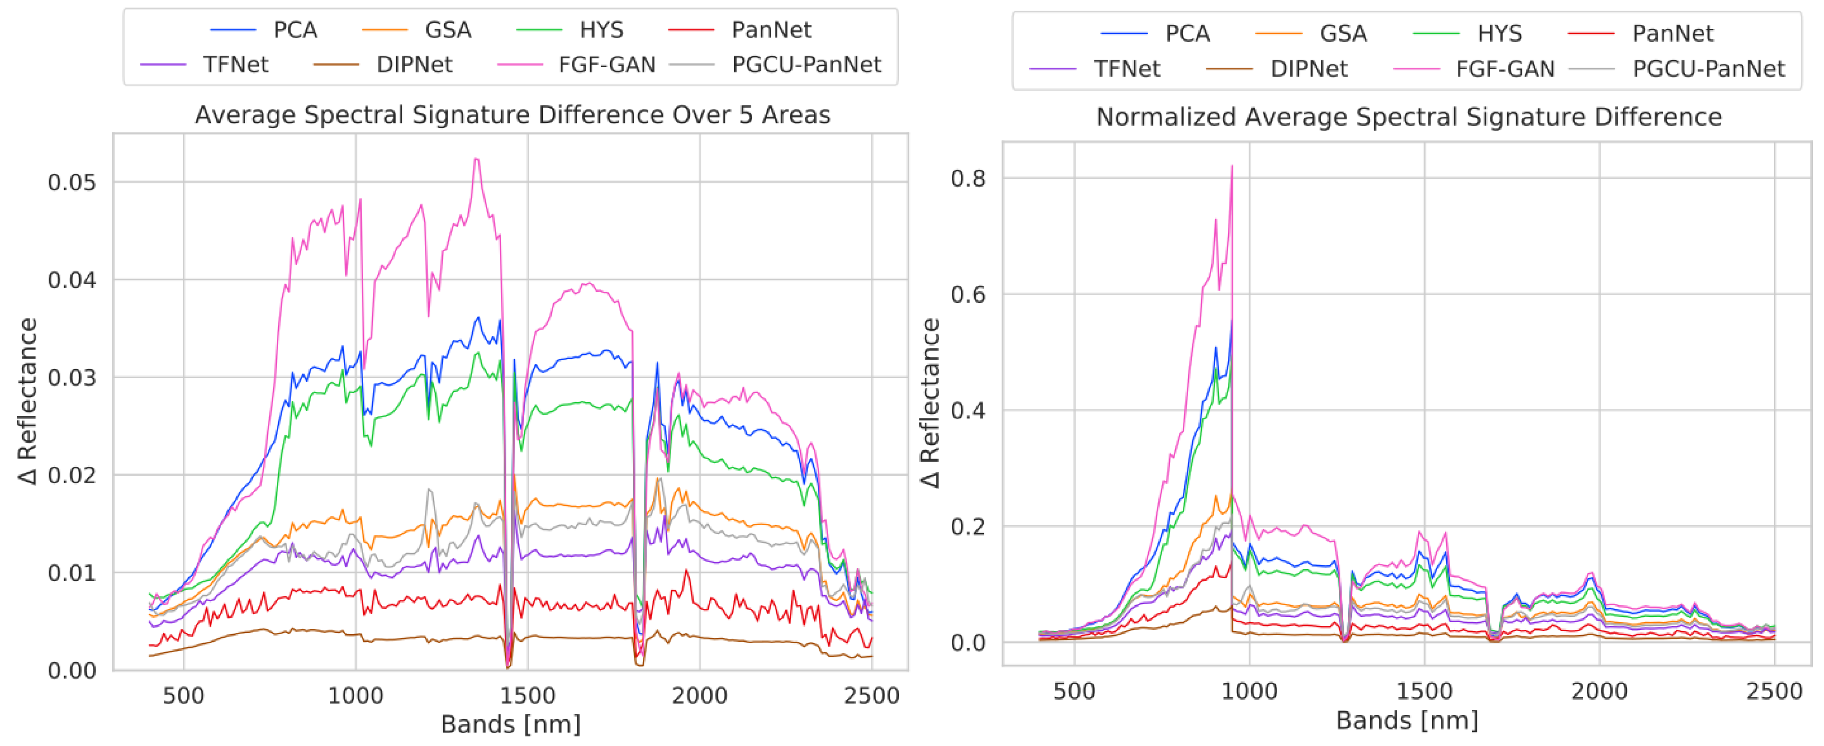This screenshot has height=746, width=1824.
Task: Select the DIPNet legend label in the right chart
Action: pyautogui.click(x=1309, y=69)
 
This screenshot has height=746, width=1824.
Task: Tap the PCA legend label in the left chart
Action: pyautogui.click(x=295, y=30)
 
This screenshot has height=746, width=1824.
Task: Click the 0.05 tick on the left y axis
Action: pyautogui.click(x=72, y=182)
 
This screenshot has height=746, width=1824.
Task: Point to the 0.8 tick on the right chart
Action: pyautogui.click(x=968, y=179)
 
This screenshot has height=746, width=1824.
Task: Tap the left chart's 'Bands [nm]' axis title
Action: pyautogui.click(x=510, y=724)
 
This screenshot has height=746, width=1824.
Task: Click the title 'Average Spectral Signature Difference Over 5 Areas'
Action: pyautogui.click(x=512, y=115)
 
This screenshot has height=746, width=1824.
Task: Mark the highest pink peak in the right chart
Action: pyautogui.click(x=1232, y=167)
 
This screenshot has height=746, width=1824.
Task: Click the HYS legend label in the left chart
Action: pyautogui.click(x=601, y=30)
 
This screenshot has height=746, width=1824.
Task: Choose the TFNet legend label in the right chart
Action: pyautogui.click(x=1127, y=69)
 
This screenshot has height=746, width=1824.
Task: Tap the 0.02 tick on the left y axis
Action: pyautogui.click(x=72, y=475)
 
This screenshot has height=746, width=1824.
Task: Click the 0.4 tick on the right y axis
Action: pyautogui.click(x=968, y=411)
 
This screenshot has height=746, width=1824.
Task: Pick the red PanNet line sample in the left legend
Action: pyautogui.click(x=691, y=30)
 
